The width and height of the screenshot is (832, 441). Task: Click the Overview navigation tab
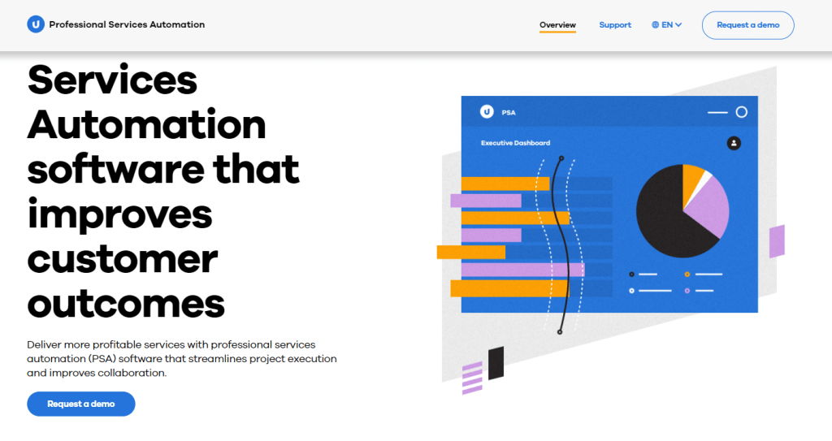coord(557,25)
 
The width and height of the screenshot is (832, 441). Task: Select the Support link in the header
coord(615,25)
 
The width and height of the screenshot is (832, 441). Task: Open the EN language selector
coord(666,25)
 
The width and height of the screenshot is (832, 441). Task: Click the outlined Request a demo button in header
coord(747,25)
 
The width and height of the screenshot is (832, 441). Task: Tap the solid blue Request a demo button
coord(81,404)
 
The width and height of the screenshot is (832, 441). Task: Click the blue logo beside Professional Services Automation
coord(36,24)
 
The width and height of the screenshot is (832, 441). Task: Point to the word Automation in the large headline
coord(146,125)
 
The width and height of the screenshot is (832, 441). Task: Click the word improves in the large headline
coord(119,214)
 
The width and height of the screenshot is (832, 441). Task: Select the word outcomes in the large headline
coord(126,304)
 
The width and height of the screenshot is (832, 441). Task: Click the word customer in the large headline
coord(122,259)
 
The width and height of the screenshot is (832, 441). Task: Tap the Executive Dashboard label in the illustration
coord(515,143)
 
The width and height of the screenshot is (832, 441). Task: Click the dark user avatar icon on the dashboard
coord(734,143)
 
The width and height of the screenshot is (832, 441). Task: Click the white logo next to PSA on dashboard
coord(487,111)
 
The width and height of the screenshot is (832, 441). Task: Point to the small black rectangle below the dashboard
coord(496,363)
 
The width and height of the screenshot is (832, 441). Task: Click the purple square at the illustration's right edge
coord(777,241)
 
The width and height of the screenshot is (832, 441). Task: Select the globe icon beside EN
coord(656,25)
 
